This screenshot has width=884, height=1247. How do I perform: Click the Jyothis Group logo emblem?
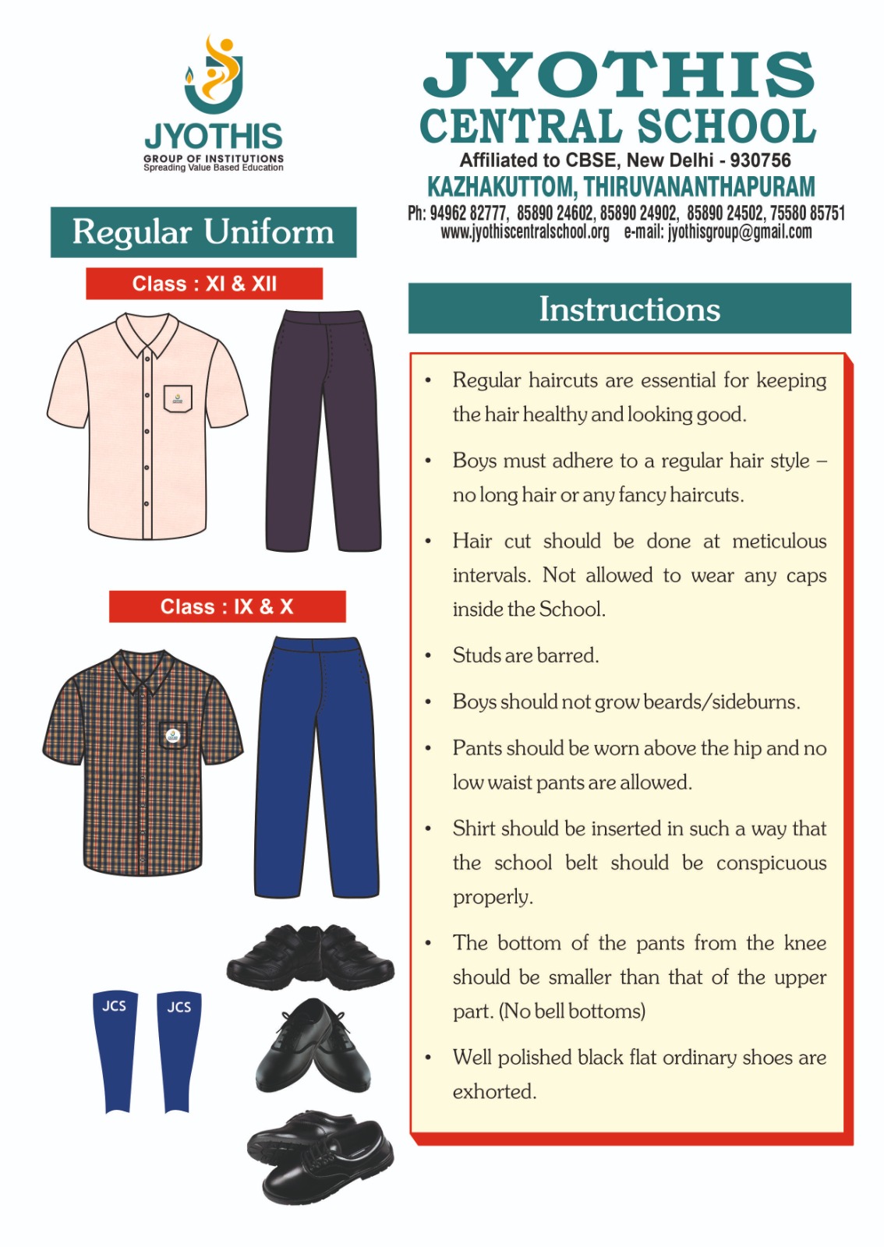pyautogui.click(x=214, y=75)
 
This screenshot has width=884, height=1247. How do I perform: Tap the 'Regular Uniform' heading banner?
pyautogui.click(x=203, y=232)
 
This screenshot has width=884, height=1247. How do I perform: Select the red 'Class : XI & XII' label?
pyautogui.click(x=204, y=284)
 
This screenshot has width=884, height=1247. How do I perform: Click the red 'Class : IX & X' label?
pyautogui.click(x=227, y=606)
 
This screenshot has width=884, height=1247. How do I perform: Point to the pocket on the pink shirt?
pyautogui.click(x=178, y=397)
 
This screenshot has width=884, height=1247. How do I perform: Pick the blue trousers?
pyautogui.click(x=317, y=768)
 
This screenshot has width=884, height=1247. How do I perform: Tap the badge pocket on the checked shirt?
pyautogui.click(x=172, y=734)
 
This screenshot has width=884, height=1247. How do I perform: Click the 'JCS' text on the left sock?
pyautogui.click(x=114, y=1006)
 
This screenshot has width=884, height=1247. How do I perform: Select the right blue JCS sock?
pyautogui.click(x=179, y=1052)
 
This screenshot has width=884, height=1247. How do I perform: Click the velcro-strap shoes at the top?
pyautogui.click(x=311, y=957)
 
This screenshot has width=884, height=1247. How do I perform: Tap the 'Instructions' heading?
pyautogui.click(x=630, y=309)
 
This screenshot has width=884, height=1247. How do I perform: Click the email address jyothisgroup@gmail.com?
pyautogui.click(x=739, y=232)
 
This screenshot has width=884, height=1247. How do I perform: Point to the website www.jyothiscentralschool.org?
pyautogui.click(x=525, y=232)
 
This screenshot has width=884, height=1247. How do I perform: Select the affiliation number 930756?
pyautogui.click(x=760, y=161)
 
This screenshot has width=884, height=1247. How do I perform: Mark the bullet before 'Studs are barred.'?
pyautogui.click(x=428, y=656)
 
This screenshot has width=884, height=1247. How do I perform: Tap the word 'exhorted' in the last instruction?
pyautogui.click(x=493, y=1092)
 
